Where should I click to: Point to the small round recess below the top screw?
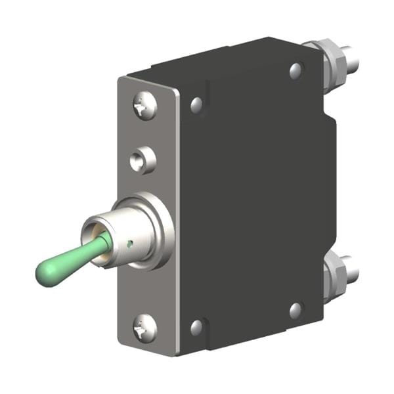pos(142,160)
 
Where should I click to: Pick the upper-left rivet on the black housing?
pos(196,104)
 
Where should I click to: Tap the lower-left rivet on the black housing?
pos(196,326)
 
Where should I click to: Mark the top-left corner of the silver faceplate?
pos(120,79)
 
